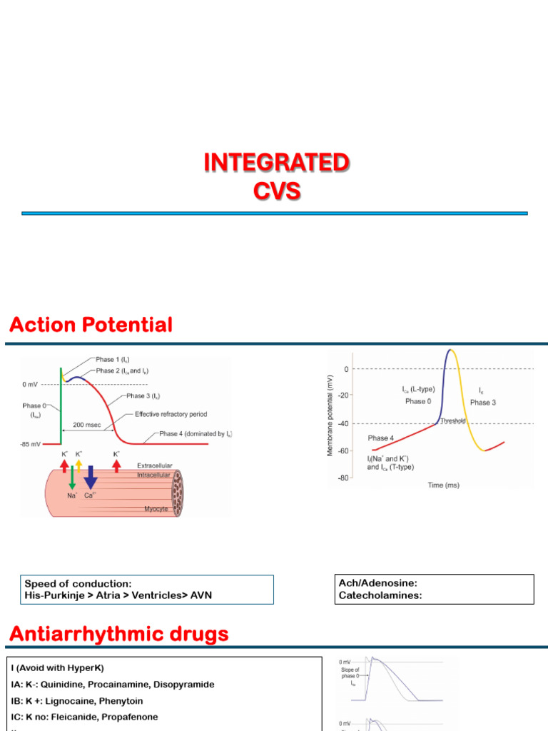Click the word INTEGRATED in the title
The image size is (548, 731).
[x=276, y=163]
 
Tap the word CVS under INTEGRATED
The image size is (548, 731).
[x=276, y=191]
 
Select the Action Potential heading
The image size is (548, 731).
[x=91, y=326]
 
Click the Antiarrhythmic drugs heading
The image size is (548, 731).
[x=118, y=633]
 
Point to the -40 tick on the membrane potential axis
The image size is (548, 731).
[x=345, y=424]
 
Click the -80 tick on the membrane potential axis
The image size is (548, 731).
[x=345, y=478]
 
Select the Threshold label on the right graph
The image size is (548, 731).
[x=452, y=421]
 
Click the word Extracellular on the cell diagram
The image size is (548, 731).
[x=156, y=465]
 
